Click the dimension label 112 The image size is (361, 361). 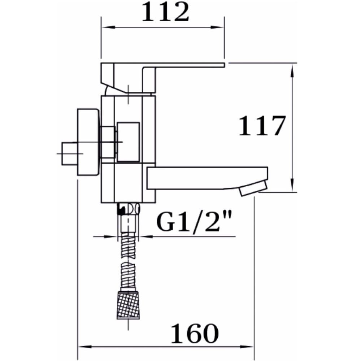point(166,12)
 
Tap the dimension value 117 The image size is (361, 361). point(262,126)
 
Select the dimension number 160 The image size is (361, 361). point(195,333)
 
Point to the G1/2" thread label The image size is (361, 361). point(194,222)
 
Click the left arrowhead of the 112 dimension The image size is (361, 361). point(108,27)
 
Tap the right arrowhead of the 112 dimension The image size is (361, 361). point(217,27)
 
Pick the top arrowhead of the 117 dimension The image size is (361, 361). point(292,71)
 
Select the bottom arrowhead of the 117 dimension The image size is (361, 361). point(292,184)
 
